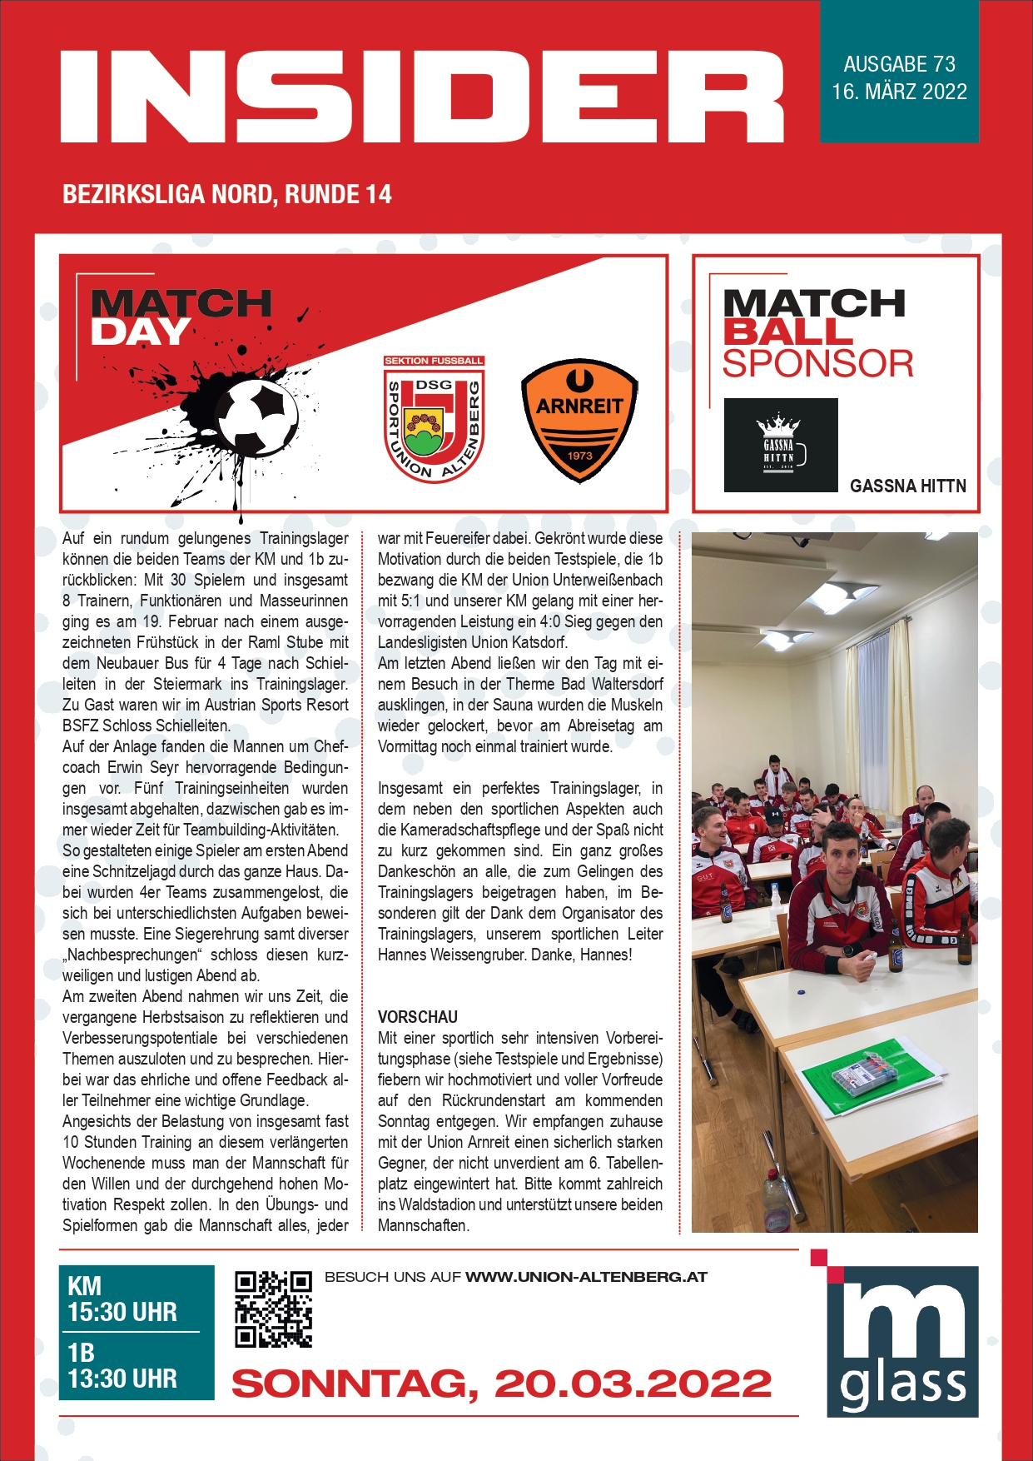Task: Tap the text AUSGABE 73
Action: pyautogui.click(x=899, y=65)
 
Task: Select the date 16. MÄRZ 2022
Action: pyautogui.click(x=899, y=92)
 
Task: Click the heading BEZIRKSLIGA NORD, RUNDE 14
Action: pyautogui.click(x=227, y=195)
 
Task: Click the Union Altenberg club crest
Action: pyautogui.click(x=434, y=419)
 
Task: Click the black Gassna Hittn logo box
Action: pyautogui.click(x=780, y=445)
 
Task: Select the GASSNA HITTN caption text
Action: pyautogui.click(x=907, y=486)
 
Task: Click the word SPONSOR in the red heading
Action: pyautogui.click(x=817, y=364)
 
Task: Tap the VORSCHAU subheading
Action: pyautogui.click(x=418, y=1017)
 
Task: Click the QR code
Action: pyautogui.click(x=273, y=1309)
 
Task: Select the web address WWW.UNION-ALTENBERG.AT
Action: pyautogui.click(x=586, y=1277)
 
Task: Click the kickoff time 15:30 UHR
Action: pyautogui.click(x=122, y=1313)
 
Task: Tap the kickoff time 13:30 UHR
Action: pyautogui.click(x=122, y=1379)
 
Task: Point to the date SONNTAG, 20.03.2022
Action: pyautogui.click(x=501, y=1384)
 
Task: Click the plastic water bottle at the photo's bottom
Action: pyautogui.click(x=776, y=1201)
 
